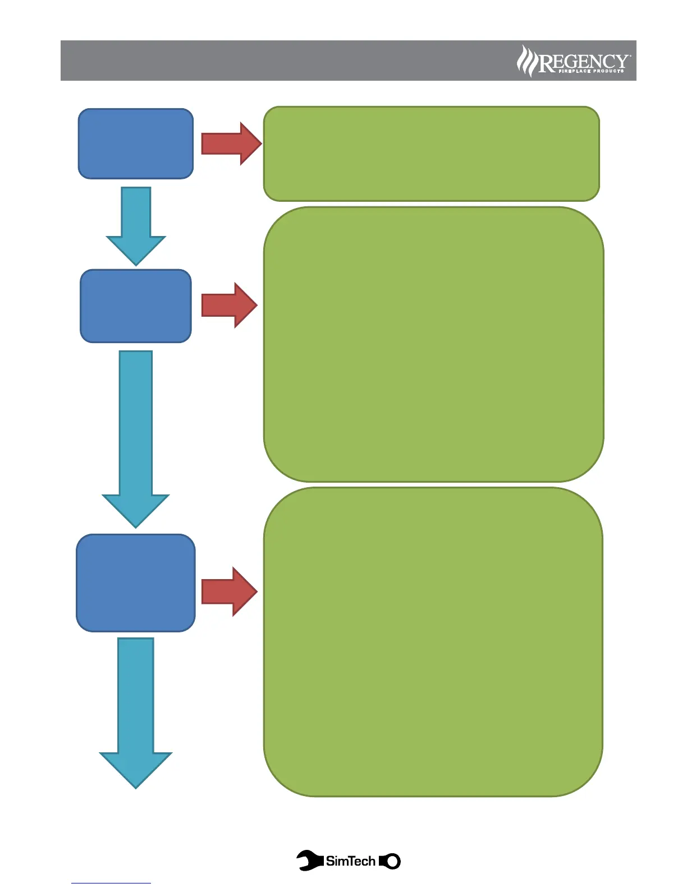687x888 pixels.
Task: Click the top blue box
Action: (136, 144)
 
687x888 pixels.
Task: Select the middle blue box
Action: (136, 306)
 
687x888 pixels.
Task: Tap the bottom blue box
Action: (136, 583)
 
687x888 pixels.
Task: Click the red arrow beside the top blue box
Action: (231, 144)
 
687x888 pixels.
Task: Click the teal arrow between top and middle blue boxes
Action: (136, 224)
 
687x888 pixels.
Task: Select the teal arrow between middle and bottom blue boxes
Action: (136, 437)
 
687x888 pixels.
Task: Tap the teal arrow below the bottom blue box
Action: (136, 712)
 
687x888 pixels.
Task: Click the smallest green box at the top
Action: (431, 154)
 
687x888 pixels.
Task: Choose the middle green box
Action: (433, 344)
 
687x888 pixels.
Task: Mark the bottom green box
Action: (433, 641)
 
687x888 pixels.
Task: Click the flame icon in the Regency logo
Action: (526, 61)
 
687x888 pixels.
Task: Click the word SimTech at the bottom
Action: (350, 861)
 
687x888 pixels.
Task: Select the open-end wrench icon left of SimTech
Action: (310, 861)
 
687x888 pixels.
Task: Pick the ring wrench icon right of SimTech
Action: (391, 861)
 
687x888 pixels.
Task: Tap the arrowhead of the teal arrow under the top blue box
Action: (136, 250)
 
